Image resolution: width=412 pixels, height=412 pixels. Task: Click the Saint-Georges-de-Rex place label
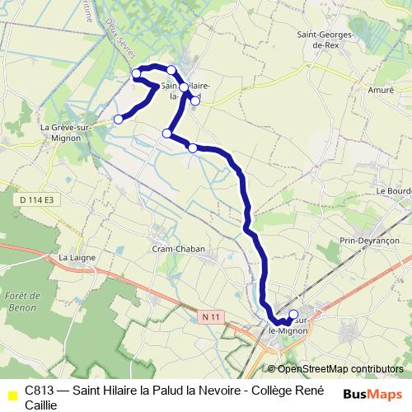pos(327,40)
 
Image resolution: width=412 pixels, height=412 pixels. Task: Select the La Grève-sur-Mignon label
pos(60,133)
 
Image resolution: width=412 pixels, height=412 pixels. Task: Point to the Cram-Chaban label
pos(178,249)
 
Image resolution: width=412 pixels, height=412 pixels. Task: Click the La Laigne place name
pos(77,258)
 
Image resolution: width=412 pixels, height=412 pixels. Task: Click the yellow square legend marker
pos(11,395)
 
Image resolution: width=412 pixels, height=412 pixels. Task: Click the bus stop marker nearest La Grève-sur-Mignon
pos(118,119)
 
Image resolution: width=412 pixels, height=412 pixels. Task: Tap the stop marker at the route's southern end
pos(293,314)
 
